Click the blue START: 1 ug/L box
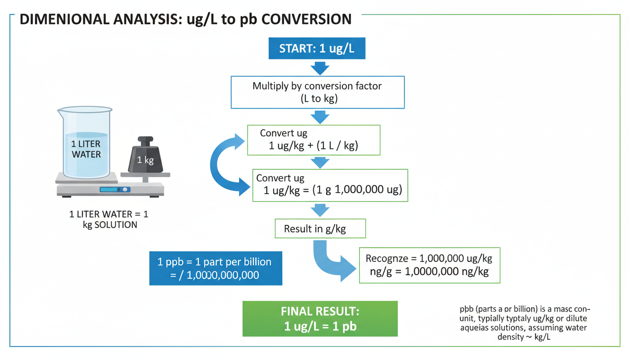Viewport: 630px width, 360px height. click(317, 49)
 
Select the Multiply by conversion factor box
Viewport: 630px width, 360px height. click(317, 92)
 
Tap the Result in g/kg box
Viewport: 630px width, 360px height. click(320, 229)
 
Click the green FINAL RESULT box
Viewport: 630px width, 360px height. click(320, 319)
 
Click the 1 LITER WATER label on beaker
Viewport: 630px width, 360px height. click(86, 149)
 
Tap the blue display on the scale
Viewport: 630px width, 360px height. click(109, 189)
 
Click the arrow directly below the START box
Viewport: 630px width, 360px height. click(320, 69)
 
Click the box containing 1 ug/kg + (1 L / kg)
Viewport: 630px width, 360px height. click(313, 140)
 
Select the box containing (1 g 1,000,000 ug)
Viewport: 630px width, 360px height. click(330, 185)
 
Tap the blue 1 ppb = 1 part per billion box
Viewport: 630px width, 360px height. click(216, 268)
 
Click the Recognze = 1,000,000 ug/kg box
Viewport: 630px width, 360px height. click(429, 265)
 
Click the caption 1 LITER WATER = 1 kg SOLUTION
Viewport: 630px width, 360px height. click(108, 219)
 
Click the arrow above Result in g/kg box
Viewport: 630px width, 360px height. click(320, 210)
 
